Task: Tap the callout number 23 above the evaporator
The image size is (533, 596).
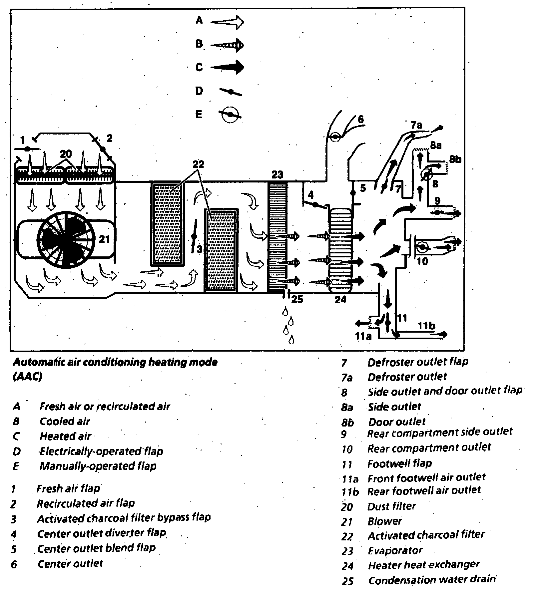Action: pyautogui.click(x=277, y=174)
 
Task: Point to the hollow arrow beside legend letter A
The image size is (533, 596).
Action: pyautogui.click(x=228, y=22)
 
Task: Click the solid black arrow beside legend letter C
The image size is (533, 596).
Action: pyautogui.click(x=228, y=67)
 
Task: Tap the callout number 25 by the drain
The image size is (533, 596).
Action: pyautogui.click(x=297, y=299)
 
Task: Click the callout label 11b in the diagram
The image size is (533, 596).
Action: pyautogui.click(x=426, y=325)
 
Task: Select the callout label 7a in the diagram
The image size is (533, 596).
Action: pyautogui.click(x=416, y=125)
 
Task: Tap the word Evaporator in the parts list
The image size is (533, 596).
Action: pyautogui.click(x=395, y=550)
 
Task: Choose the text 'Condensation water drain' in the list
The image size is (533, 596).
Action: pyautogui.click(x=432, y=580)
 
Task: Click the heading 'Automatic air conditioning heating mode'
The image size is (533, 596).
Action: pyautogui.click(x=115, y=362)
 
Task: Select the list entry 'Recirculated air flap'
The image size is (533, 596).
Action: pyautogui.click(x=86, y=503)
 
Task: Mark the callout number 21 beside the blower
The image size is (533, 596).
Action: pyautogui.click(x=104, y=239)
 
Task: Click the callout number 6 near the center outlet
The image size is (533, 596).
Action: pyautogui.click(x=360, y=119)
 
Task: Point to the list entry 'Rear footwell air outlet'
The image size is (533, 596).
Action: pyautogui.click(x=424, y=490)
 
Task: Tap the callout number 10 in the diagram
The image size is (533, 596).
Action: pyautogui.click(x=422, y=261)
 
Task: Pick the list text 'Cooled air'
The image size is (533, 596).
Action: pyautogui.click(x=65, y=421)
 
